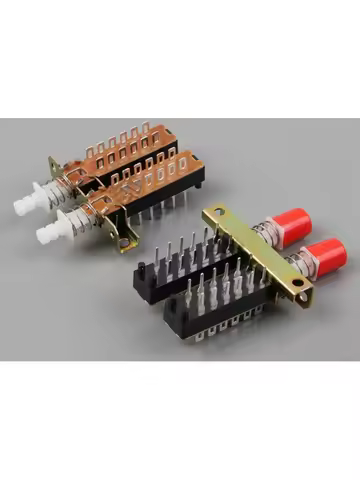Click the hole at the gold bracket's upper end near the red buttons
pyautogui.click(x=213, y=212)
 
